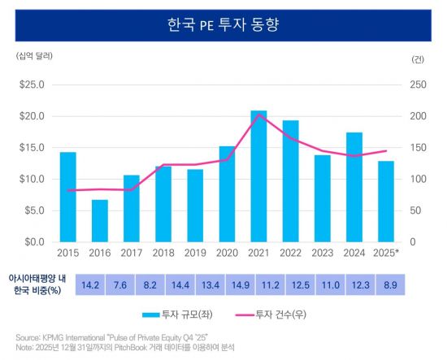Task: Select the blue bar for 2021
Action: (x=258, y=176)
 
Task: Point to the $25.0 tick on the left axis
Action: (x=33, y=85)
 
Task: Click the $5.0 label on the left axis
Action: (x=34, y=210)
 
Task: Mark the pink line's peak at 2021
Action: (x=258, y=115)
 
